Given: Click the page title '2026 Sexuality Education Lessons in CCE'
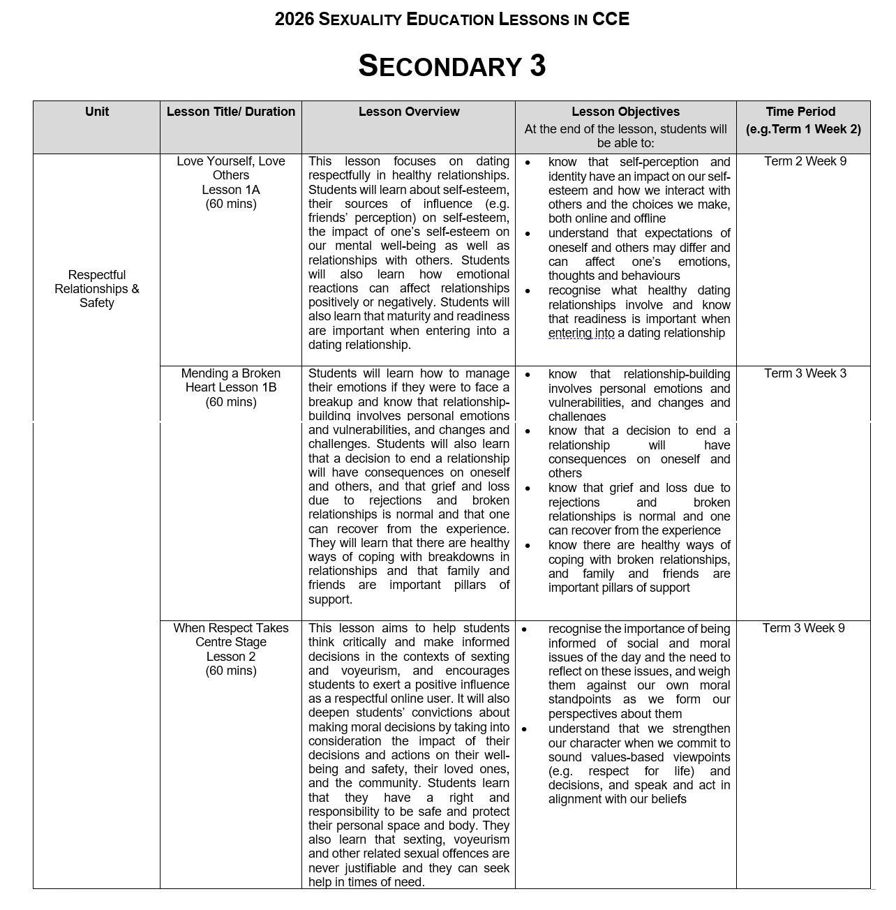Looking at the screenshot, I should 451,20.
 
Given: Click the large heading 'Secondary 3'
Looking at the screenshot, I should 451,66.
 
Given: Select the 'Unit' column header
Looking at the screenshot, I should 96,112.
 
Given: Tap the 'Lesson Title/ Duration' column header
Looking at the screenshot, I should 231,112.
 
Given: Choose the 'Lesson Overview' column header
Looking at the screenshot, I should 409,112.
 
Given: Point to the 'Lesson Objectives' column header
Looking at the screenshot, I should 625,112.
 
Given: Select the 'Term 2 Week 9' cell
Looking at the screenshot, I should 805,162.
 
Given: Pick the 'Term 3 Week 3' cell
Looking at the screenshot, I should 805,373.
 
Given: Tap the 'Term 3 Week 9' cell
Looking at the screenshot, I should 803,628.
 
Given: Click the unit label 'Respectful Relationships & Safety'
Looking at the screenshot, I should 96,289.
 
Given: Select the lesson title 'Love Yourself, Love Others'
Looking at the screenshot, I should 231,168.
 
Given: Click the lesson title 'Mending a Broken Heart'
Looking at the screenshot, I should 231,380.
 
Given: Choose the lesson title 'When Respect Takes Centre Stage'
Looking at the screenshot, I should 231,635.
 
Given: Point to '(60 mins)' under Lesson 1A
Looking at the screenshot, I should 231,204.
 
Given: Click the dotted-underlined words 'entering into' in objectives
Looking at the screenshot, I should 581,334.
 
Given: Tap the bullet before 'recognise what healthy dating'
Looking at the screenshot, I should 528,291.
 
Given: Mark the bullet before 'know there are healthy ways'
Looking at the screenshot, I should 528,546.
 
